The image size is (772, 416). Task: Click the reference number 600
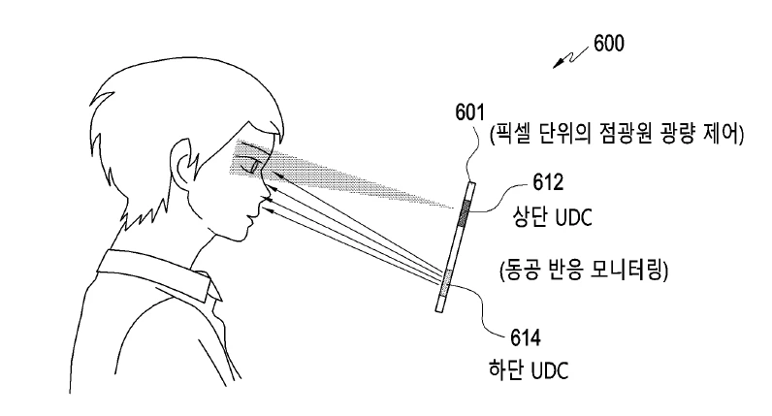click(x=608, y=44)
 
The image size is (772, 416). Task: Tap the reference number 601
click(x=469, y=112)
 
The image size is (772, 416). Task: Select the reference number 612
click(x=548, y=182)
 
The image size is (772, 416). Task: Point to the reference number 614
click(x=526, y=338)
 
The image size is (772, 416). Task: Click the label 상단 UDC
click(x=553, y=216)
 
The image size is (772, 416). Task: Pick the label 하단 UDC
click(x=529, y=369)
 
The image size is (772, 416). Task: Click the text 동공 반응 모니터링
click(x=584, y=271)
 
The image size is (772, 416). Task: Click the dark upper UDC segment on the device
click(x=464, y=212)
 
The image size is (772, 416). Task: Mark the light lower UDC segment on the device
click(x=446, y=284)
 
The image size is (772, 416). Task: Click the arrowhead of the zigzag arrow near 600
click(x=558, y=63)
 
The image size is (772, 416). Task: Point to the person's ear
click(x=181, y=163)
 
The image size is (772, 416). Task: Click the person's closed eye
click(x=250, y=165)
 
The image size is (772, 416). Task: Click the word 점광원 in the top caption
click(x=618, y=134)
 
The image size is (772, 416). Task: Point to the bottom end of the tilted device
click(x=439, y=311)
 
